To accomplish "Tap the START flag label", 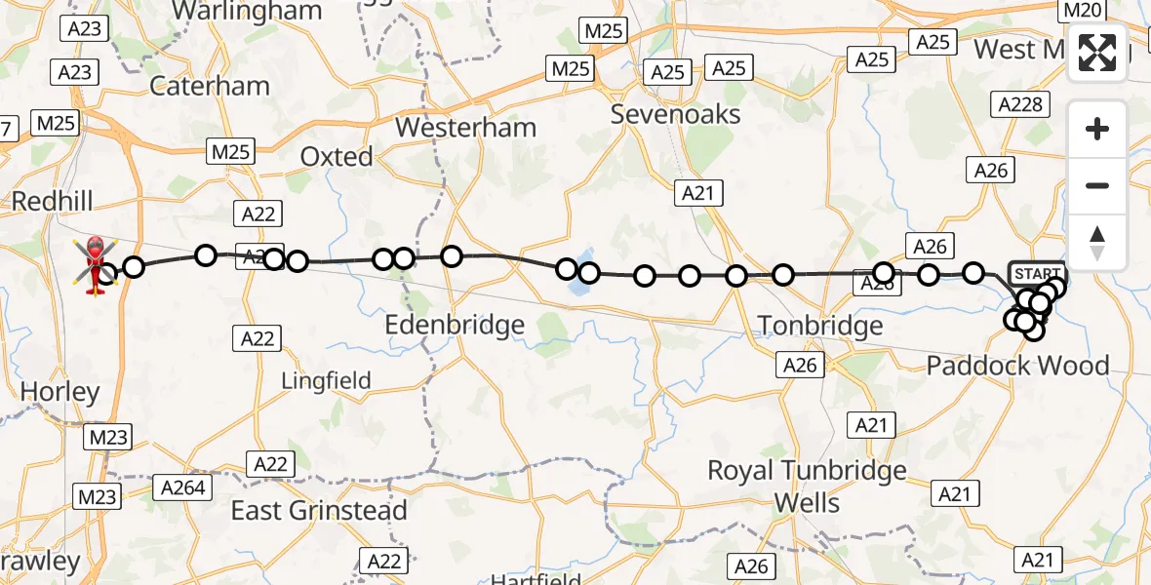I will (x=1038, y=273).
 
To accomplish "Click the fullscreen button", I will (x=1097, y=53).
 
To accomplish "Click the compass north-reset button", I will (x=1097, y=243).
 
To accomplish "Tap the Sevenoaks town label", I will (x=675, y=114).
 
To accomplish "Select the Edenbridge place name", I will (x=455, y=325).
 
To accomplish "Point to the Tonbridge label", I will (x=819, y=326).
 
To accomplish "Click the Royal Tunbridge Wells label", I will (x=807, y=487).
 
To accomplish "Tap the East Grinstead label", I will (x=319, y=510).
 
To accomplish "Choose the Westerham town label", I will (x=465, y=127).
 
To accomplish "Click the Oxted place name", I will (x=337, y=156).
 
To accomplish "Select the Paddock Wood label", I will (x=1017, y=366).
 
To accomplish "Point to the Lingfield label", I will (x=326, y=380).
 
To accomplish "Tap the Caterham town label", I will (x=210, y=86).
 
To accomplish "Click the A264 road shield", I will (x=184, y=487).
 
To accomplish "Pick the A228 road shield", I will (x=1019, y=104).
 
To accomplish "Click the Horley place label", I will (x=60, y=392).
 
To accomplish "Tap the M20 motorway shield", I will (x=1081, y=11).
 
